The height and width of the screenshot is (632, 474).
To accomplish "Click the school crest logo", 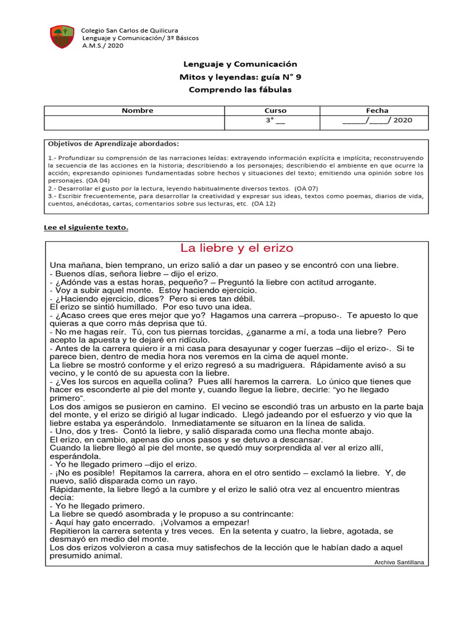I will pyautogui.click(x=62, y=38).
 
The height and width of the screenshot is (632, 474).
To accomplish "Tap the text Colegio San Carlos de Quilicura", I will pyautogui.click(x=130, y=30).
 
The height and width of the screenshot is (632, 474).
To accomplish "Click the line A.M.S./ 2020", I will pyautogui.click(x=102, y=46).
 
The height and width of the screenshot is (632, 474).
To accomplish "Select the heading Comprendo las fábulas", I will pyautogui.click(x=239, y=89).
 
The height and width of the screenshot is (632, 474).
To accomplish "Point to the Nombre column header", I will pyautogui.click(x=137, y=110).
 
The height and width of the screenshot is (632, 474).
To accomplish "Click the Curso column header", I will pyautogui.click(x=275, y=110).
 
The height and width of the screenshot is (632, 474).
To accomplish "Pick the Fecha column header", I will pyautogui.click(x=377, y=110).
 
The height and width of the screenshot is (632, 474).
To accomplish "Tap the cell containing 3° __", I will pyautogui.click(x=275, y=120).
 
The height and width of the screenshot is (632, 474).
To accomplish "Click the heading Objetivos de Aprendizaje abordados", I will pyautogui.click(x=113, y=143).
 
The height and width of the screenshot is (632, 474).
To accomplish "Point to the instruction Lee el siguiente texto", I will pyautogui.click(x=88, y=227).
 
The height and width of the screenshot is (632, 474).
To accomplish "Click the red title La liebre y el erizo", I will pyautogui.click(x=237, y=248).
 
